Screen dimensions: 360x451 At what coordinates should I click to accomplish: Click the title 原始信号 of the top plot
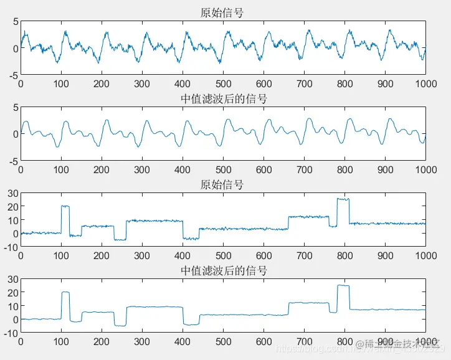click(222, 12)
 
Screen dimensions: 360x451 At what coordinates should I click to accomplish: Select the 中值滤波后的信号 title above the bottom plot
click(222, 271)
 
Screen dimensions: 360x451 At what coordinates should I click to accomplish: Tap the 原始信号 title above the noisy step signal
click(222, 185)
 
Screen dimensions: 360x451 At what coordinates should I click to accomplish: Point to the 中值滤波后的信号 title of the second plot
click(222, 98)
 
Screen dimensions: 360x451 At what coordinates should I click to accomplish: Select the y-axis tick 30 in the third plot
click(12, 194)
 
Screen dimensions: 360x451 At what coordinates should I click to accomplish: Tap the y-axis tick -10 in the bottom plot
click(11, 333)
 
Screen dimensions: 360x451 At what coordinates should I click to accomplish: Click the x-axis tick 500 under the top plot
click(223, 83)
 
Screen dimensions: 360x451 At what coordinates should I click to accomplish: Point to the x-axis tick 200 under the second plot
click(102, 169)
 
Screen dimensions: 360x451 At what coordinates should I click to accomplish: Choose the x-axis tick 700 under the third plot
click(304, 255)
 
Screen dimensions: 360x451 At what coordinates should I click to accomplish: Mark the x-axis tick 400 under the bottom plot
click(183, 341)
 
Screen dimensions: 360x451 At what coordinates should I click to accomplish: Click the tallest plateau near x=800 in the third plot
click(343, 199)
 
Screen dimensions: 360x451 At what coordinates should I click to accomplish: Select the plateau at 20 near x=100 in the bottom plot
click(65, 293)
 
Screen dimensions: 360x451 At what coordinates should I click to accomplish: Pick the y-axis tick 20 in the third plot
click(12, 207)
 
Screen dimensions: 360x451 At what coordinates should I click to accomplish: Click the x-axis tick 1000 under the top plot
click(425, 83)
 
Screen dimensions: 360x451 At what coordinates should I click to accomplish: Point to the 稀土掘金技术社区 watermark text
click(399, 344)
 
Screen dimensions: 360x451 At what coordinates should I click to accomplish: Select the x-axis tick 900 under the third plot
click(385, 255)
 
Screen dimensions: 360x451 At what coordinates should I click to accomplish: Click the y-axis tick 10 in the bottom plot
click(12, 306)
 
